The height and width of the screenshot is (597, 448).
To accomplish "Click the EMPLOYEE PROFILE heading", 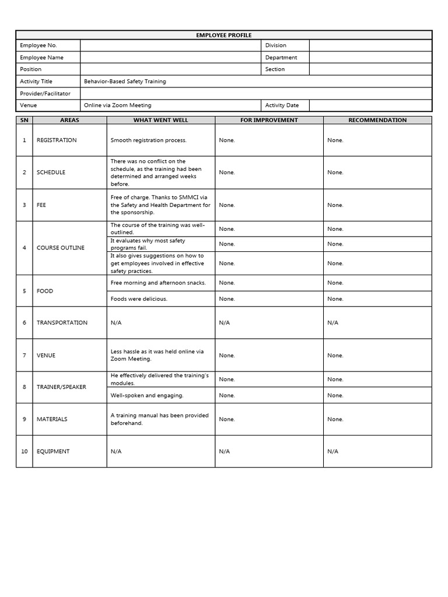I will pos(223,35).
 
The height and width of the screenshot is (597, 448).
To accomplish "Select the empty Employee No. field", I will pos(170,45).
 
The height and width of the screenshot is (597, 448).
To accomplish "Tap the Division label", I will pos(275,45).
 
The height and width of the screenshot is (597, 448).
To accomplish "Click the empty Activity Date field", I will pos(370,106).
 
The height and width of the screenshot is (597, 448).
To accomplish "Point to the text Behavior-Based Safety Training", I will pos(125,82).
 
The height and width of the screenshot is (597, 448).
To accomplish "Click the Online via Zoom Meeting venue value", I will pos(117,106).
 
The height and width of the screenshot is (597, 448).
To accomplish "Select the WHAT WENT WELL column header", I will pos(160,120).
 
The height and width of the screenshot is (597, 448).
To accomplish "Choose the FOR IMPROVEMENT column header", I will pos(269,120).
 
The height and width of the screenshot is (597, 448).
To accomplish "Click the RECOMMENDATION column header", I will pos(377,120).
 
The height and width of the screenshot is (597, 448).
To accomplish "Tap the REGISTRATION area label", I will pos(57,141).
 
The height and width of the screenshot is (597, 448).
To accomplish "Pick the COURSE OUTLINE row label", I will pos(60,248).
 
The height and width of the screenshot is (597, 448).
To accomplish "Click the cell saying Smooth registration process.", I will pos(148,141).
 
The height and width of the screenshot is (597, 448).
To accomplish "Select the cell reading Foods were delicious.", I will pos(139,299).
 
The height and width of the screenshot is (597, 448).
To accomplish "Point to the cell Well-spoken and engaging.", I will pos(147,395).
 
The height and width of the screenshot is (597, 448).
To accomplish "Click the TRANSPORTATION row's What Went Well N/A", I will pos(116,323).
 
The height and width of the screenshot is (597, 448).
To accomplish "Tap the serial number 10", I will pos(24,451).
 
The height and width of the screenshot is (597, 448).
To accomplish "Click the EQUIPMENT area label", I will pos(53,451).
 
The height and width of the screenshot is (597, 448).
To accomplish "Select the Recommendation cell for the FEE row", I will pos(335,205).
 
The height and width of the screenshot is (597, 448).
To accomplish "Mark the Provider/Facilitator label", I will pos(45,93).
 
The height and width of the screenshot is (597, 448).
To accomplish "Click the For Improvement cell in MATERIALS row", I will pos(227,419).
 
